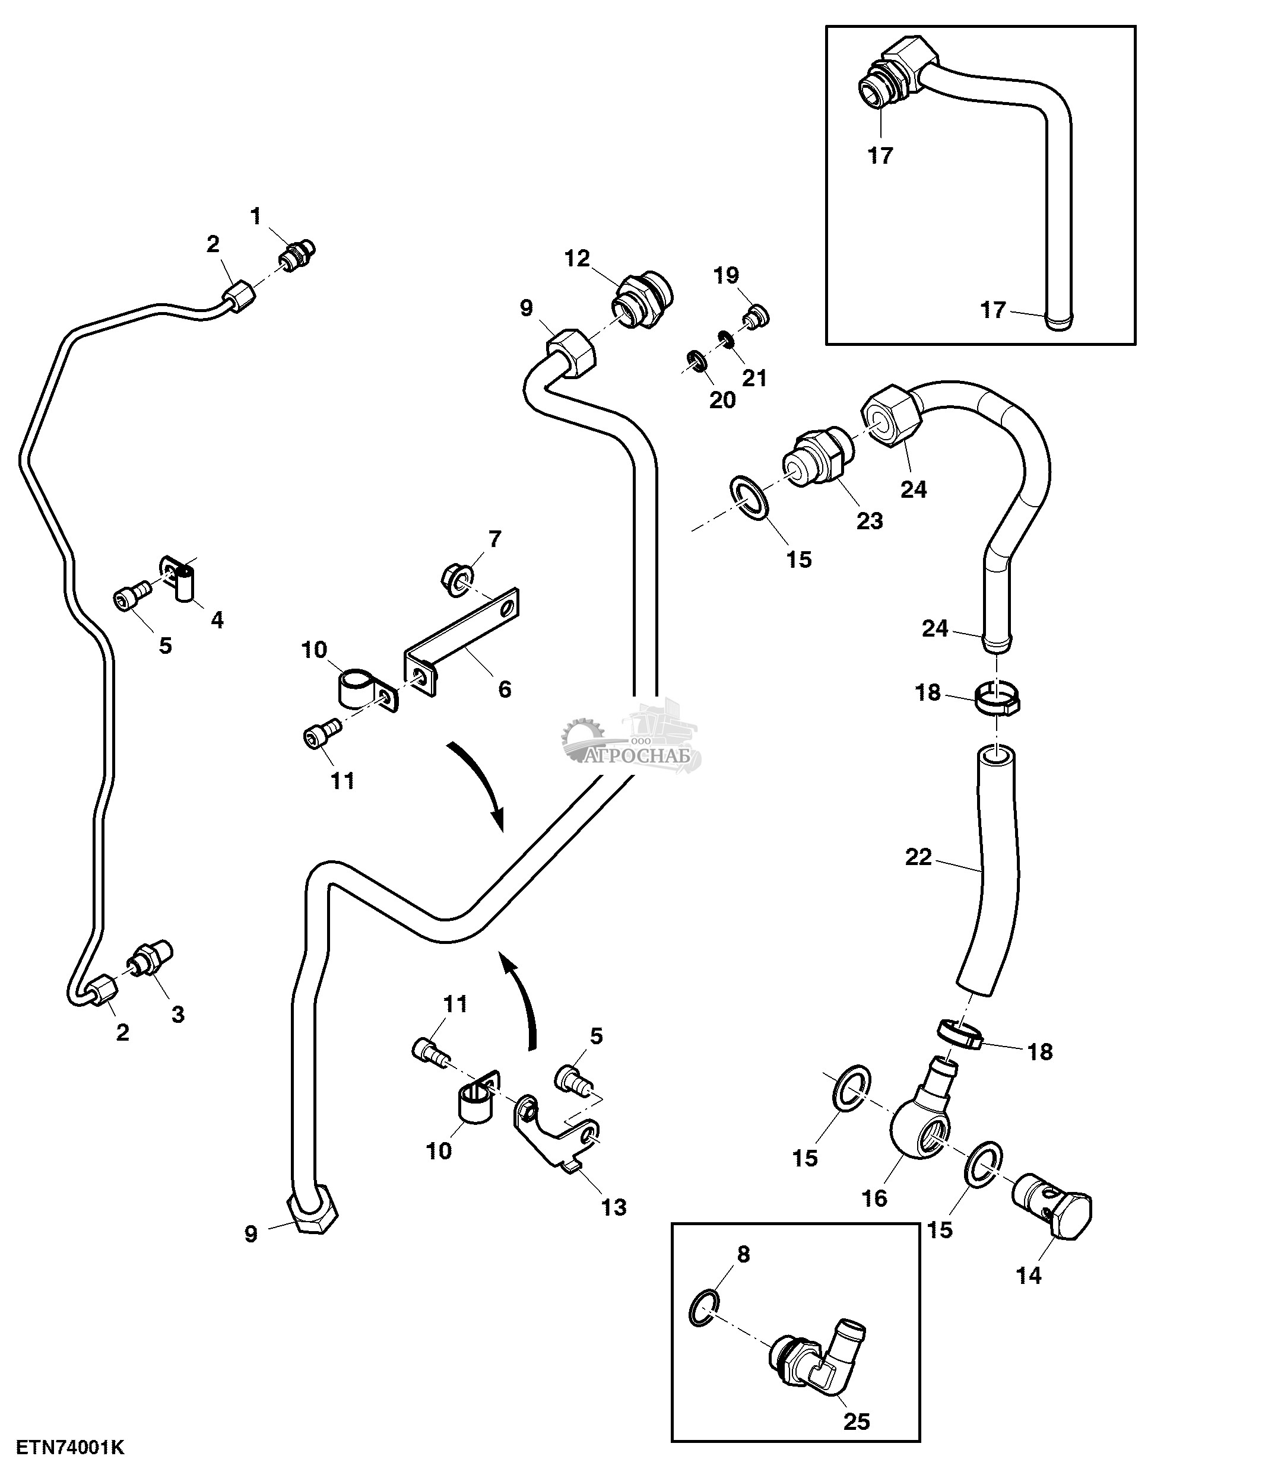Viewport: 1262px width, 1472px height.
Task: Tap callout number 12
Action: click(577, 259)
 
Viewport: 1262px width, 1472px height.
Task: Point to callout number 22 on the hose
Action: click(918, 857)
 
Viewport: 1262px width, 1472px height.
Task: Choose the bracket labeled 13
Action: click(559, 1135)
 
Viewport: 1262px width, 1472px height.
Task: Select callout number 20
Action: click(722, 400)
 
